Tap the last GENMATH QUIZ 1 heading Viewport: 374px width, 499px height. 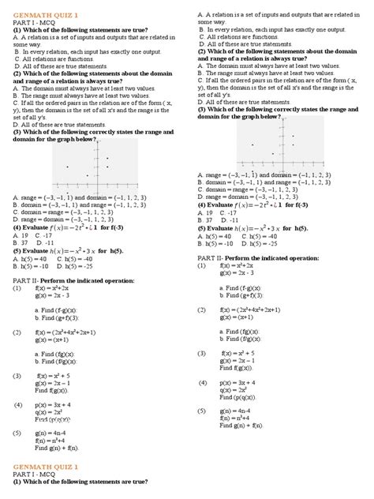[x=40, y=468]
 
